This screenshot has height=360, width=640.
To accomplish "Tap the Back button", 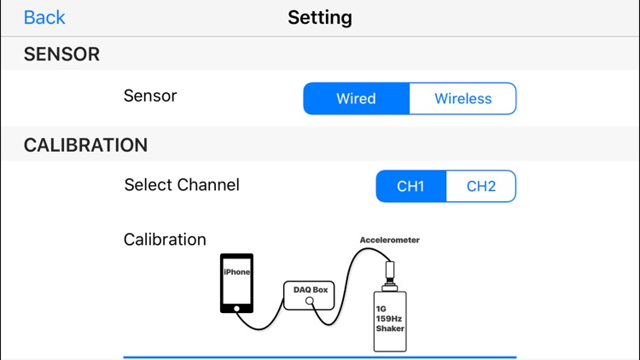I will point(44,17).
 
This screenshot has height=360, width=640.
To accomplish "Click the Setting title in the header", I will point(320,17).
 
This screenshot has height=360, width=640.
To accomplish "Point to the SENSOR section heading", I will point(61,55).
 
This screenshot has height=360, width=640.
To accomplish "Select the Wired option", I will point(356,99).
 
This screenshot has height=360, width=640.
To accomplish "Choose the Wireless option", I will point(463,99).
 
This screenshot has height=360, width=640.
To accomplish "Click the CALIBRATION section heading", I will point(85,145).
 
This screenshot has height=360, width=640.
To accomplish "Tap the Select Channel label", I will point(182,185).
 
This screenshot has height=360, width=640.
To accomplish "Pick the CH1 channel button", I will point(410,187).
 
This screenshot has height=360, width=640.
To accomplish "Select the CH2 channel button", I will point(481,187).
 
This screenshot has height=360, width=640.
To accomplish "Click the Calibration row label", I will point(165,240).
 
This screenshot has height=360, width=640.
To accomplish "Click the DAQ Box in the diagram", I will point(311,295).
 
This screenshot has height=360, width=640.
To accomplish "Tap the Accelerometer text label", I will point(389,241).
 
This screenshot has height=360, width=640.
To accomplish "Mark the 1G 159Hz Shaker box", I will point(390,321).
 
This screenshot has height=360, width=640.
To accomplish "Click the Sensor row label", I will point(150,96).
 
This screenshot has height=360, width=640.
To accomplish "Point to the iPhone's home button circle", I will point(236,308).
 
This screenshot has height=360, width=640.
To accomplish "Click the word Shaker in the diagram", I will point(390,328).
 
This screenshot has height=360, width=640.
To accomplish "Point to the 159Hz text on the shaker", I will point(390,318).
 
